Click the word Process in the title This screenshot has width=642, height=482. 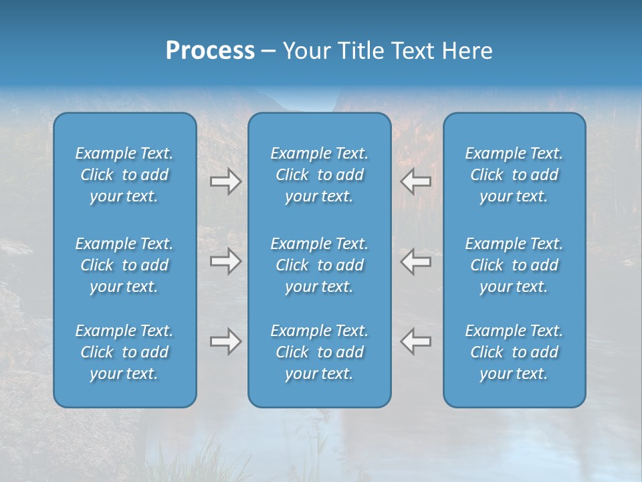(210, 51)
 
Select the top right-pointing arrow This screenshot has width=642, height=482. (225, 181)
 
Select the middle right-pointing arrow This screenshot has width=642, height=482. (225, 261)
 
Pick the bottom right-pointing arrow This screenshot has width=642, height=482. (225, 341)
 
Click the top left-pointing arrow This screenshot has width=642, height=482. (416, 181)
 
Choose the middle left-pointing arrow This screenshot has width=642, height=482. (416, 261)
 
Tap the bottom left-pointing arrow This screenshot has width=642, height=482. (416, 341)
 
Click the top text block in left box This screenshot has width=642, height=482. (124, 175)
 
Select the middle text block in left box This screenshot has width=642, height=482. (124, 265)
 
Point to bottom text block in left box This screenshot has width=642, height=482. (124, 352)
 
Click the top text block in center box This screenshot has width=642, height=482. (319, 175)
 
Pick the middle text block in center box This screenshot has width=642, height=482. (319, 265)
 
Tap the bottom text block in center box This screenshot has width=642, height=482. (319, 352)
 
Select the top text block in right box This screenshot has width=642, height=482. (514, 175)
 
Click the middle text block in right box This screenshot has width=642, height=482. (514, 265)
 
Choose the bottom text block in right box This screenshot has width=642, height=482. (514, 352)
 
